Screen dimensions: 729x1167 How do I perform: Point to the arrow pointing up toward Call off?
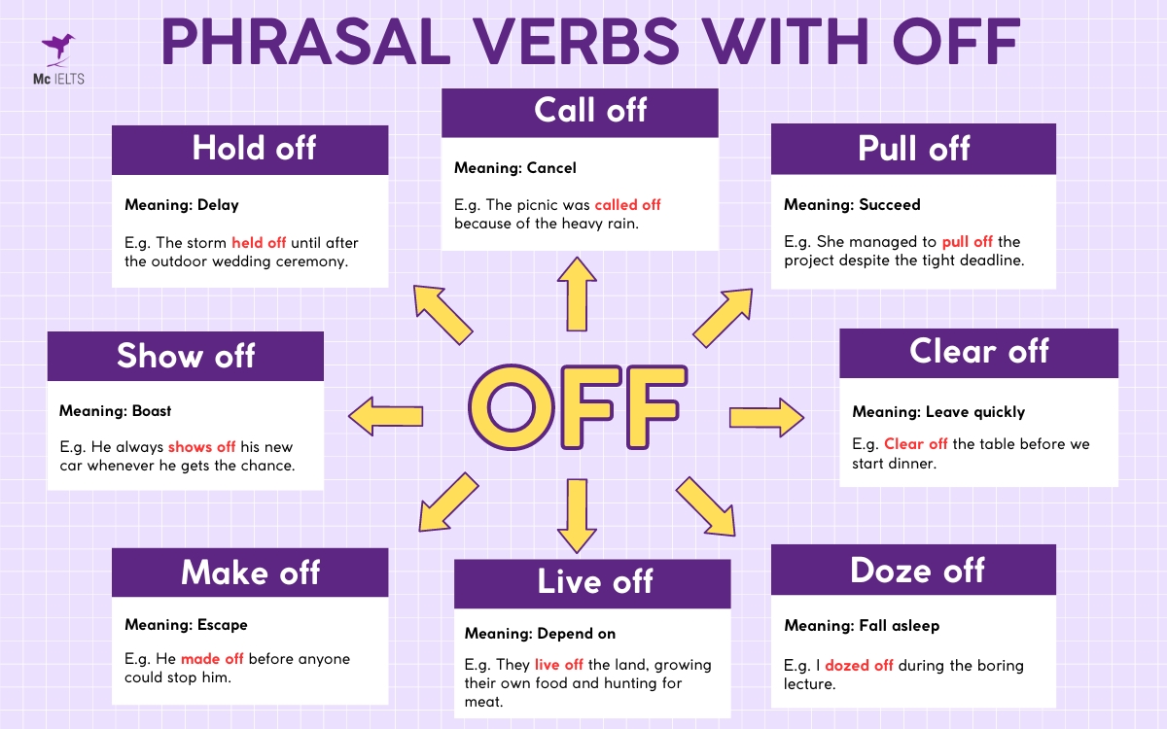coord(580,294)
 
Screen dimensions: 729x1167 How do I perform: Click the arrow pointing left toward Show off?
coord(386,417)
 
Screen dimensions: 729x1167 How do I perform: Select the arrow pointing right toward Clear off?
coord(766,417)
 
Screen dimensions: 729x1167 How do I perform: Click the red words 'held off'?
coord(259,243)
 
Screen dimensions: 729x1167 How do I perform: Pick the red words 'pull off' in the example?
coord(968,242)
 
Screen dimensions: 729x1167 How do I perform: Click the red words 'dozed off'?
coord(859,666)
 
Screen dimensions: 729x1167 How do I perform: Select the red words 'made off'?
coord(212,659)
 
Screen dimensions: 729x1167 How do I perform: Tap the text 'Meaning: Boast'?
coord(115,411)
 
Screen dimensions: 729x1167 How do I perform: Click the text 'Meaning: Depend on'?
coord(540,634)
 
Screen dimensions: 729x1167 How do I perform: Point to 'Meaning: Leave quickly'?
coord(938,412)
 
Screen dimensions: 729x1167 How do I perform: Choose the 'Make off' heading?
coord(250,573)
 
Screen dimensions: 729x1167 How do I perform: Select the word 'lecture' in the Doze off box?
coord(809,684)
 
